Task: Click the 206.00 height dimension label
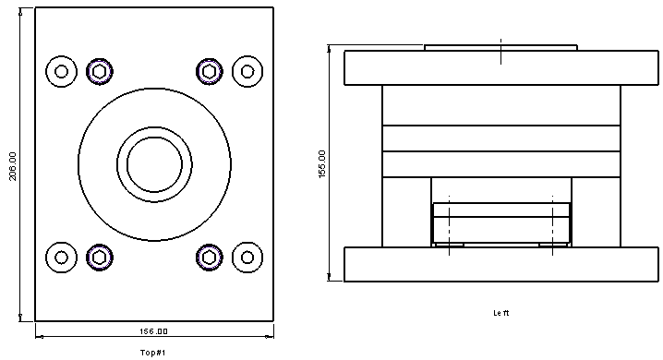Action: pyautogui.click(x=13, y=166)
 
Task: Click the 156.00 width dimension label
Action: pyautogui.click(x=153, y=331)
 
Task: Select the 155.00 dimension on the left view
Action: pyautogui.click(x=322, y=164)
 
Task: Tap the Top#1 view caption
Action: pyautogui.click(x=152, y=353)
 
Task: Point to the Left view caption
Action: pyautogui.click(x=501, y=313)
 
